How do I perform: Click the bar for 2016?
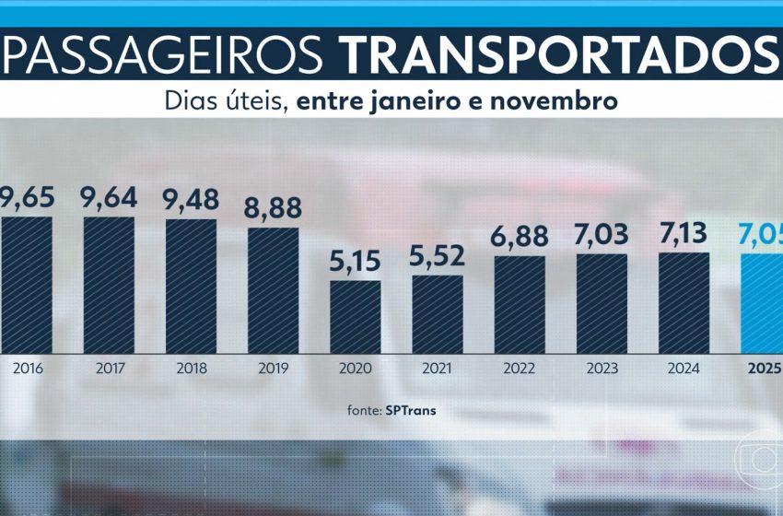click(x=26, y=285)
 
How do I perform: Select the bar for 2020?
click(x=356, y=317)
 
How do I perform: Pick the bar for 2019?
click(x=273, y=290)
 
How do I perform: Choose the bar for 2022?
click(x=520, y=305)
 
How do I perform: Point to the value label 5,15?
click(x=356, y=260)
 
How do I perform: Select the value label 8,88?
click(x=273, y=207)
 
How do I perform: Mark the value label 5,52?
click(x=438, y=255)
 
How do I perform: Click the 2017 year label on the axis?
click(x=109, y=369)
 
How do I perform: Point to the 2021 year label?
click(x=438, y=369)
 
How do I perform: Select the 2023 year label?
click(x=602, y=369)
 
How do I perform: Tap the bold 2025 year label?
click(x=765, y=369)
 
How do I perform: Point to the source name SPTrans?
click(x=410, y=411)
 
